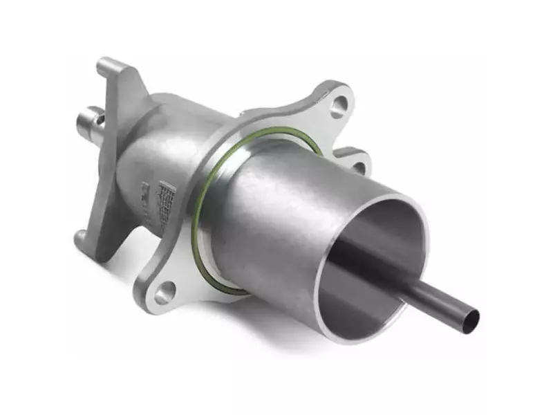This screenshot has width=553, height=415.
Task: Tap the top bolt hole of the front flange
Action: click(338, 105)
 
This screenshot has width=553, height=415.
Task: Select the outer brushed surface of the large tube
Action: click(276, 207)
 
